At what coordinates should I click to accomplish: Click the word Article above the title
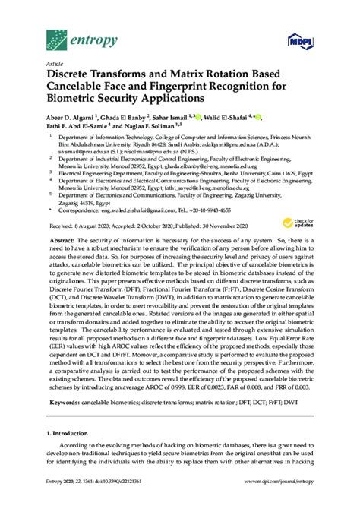[x=55, y=65]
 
